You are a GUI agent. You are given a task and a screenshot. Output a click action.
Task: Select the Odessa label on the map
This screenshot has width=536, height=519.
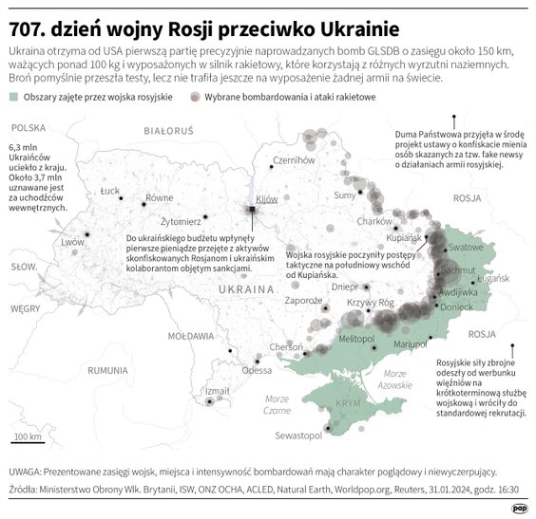(x=257, y=370)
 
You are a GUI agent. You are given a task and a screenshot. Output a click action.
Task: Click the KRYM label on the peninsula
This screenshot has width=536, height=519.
(x=350, y=402)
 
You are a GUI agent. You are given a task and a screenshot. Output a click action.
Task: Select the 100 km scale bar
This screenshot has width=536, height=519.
(x=27, y=440)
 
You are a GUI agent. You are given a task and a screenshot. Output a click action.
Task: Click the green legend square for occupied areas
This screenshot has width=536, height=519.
(x=13, y=98)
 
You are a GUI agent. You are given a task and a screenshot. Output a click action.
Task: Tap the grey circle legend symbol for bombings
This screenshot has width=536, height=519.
(x=194, y=98)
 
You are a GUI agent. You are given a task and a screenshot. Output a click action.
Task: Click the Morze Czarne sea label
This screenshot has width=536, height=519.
(x=278, y=404)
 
